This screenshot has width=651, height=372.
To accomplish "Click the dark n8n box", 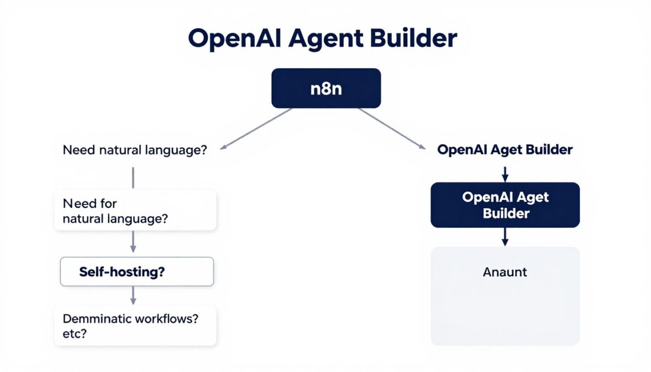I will pos(326,88).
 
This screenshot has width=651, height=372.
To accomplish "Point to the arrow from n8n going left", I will pos(256,128).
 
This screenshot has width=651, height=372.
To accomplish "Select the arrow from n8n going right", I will pos(392,128).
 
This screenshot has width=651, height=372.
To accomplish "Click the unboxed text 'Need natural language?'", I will pos(134,150).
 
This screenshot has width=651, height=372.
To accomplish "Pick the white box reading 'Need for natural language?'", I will pos(135,211).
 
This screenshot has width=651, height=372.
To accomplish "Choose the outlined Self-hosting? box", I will pos(136,271).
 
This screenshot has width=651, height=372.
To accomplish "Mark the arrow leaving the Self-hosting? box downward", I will pos(133,295).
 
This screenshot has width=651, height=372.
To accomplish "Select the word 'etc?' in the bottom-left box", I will pos(74,334).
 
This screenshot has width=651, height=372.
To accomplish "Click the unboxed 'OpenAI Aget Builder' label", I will pos(504,150).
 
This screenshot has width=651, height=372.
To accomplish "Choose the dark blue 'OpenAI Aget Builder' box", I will pos(505,205).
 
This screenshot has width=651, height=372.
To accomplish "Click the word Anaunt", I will pos(505,272).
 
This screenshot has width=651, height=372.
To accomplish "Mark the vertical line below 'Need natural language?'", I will pos(133,177).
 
